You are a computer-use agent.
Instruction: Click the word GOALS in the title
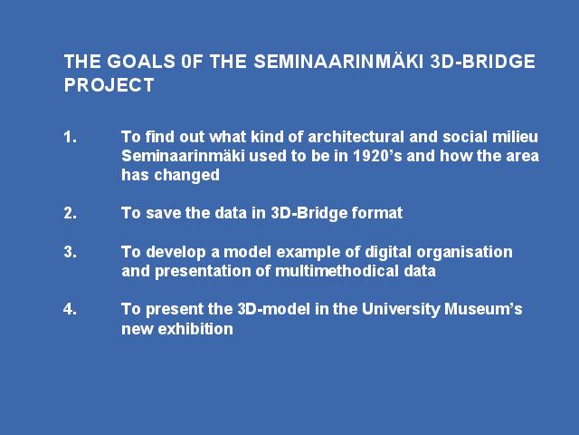point(141,62)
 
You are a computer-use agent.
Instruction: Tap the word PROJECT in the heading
point(109,85)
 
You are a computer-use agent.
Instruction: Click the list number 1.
point(71,137)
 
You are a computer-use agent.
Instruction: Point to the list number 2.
point(71,214)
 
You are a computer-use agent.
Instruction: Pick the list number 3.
point(71,252)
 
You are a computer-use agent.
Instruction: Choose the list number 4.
point(71,309)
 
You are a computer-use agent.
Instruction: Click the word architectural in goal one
point(356,137)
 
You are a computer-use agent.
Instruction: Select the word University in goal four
point(401,310)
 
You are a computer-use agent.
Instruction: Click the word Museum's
point(483,309)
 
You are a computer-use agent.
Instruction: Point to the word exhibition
point(195,329)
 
